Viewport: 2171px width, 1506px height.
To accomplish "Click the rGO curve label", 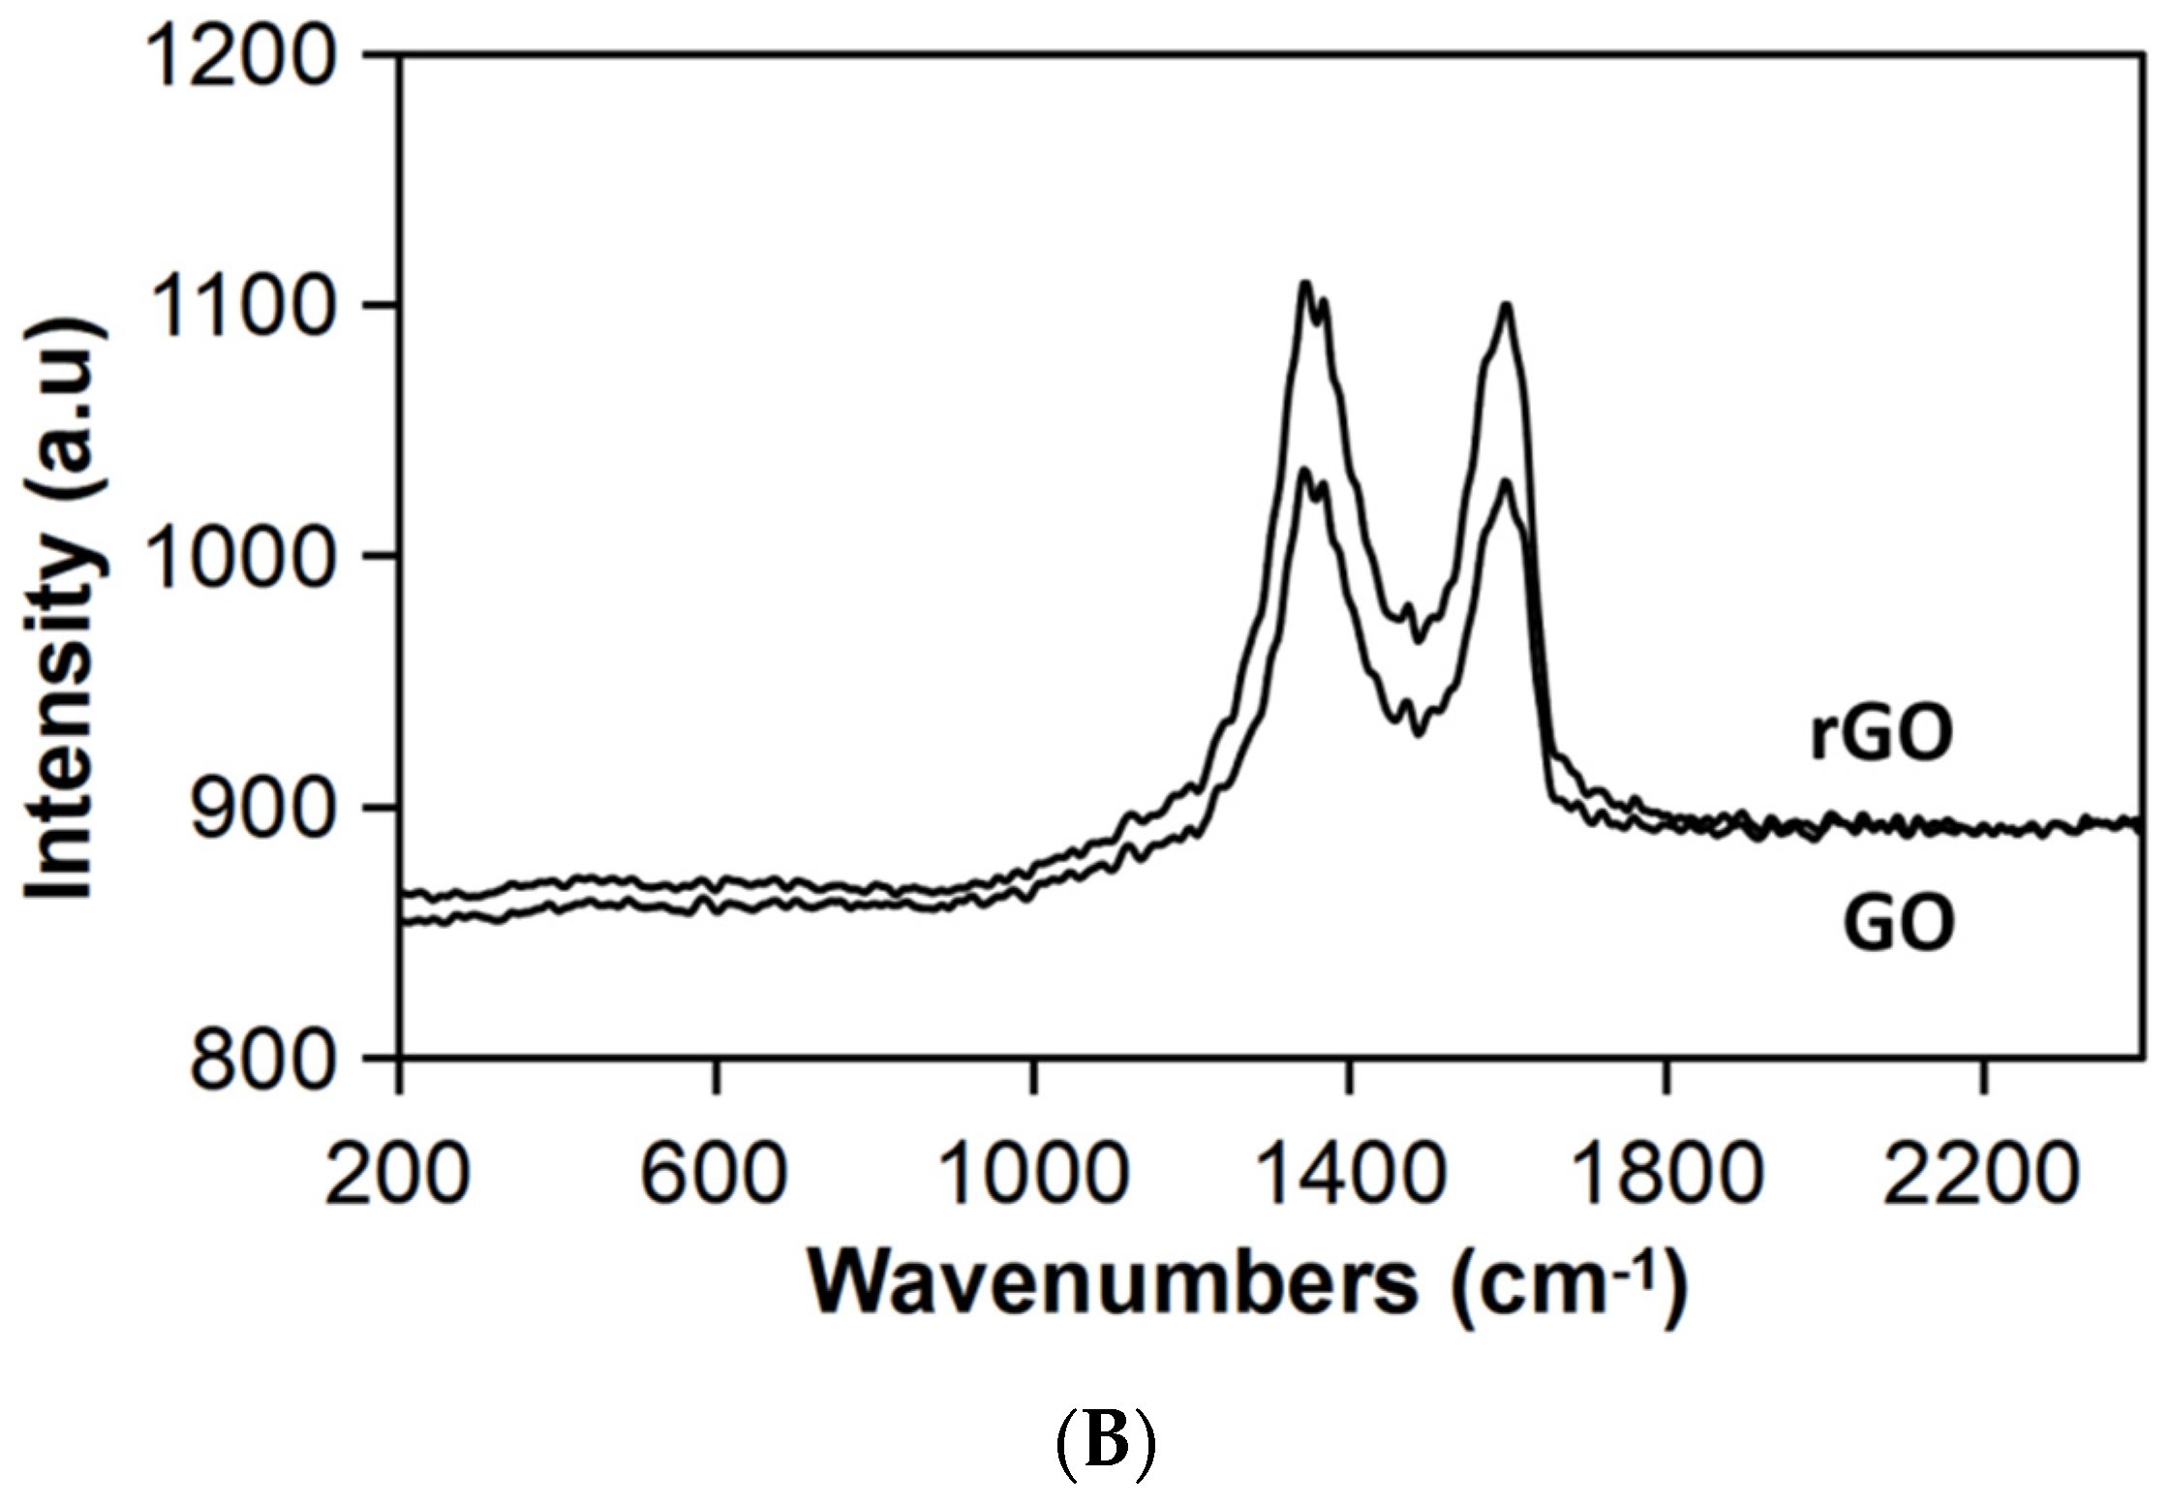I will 1881,734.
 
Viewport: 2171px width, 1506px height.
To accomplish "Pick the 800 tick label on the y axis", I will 261,1060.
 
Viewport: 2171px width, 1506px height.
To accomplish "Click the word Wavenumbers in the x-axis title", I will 1114,1284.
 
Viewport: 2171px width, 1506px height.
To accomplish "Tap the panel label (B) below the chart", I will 1105,1443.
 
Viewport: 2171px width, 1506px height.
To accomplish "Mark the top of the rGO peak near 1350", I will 1305,283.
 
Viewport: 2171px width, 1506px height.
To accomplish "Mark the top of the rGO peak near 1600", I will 1506,305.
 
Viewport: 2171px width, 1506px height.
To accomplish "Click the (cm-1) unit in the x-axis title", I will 1569,1284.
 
